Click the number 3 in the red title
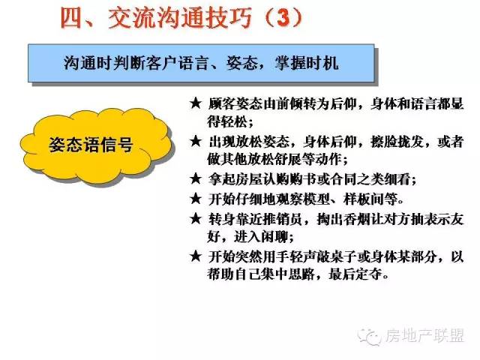[283, 17]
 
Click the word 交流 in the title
[132, 18]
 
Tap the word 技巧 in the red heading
[228, 18]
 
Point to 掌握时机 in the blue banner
[307, 63]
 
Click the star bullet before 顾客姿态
[196, 103]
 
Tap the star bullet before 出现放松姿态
[196, 141]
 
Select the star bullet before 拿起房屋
[196, 178]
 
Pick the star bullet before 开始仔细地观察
[196, 199]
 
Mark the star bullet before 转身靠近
[196, 219]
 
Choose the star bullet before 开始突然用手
[196, 256]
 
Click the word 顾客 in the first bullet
[221, 103]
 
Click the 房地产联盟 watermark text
[424, 336]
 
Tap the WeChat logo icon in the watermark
[370, 337]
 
